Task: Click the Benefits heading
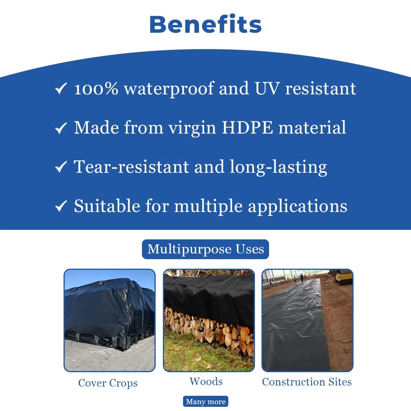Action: tap(205, 24)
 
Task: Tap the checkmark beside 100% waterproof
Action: tap(61, 88)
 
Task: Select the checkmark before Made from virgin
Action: tap(61, 128)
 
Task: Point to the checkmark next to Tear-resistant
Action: tap(61, 167)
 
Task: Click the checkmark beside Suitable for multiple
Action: tap(61, 206)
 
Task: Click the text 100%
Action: tap(96, 89)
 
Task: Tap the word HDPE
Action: tap(247, 127)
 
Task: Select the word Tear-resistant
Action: tap(131, 167)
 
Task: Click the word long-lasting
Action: tap(278, 167)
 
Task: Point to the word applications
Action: tap(298, 206)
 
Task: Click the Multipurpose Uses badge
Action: tap(205, 249)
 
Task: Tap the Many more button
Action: tap(205, 401)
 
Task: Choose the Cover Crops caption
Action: tap(108, 383)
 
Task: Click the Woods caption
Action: tap(206, 382)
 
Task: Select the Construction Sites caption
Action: tap(307, 382)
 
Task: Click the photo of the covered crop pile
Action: tap(110, 320)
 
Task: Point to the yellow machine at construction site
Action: tap(342, 277)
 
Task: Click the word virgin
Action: tap(193, 128)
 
